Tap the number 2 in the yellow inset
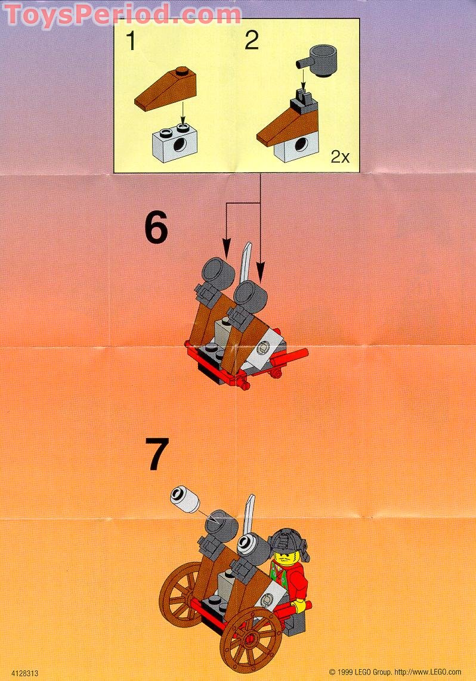click(x=252, y=42)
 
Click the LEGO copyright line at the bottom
click(x=394, y=672)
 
